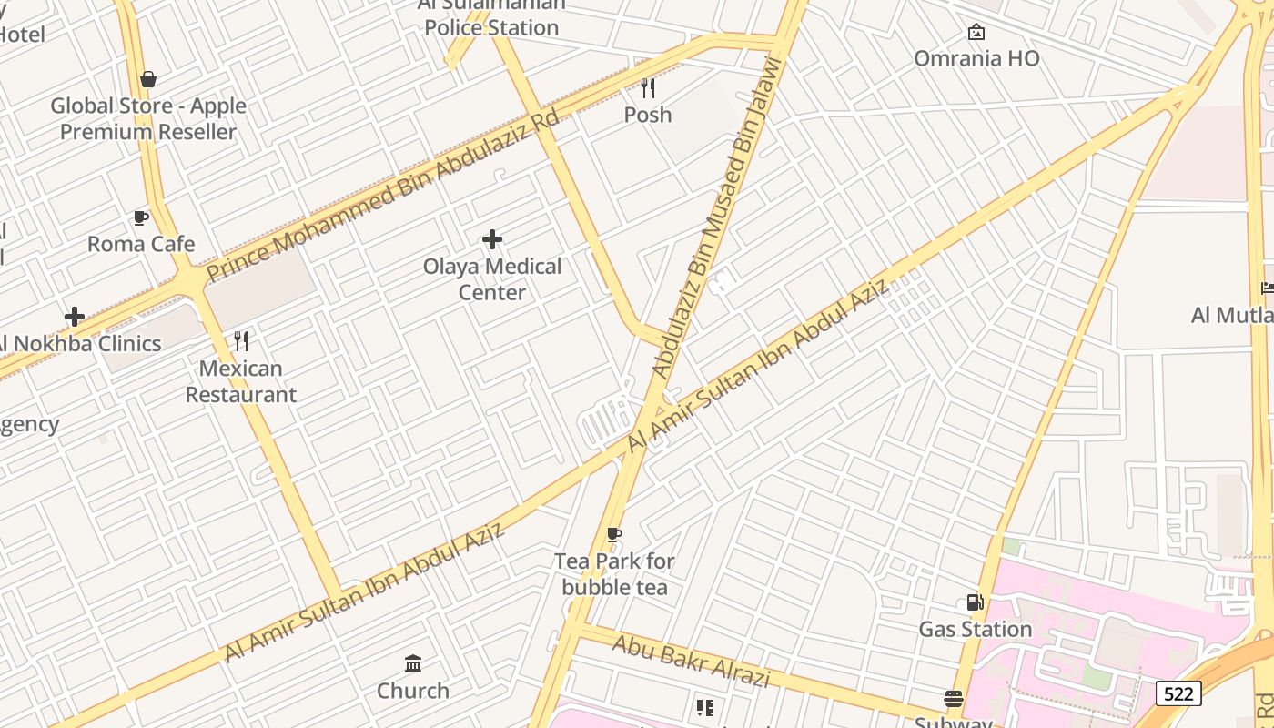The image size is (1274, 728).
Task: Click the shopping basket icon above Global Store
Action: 148,79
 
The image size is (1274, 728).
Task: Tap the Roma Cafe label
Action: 141,244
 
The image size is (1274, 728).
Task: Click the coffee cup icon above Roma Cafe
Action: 141,217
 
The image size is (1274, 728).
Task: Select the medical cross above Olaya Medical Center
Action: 492,239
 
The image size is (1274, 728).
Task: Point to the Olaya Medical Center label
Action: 492,279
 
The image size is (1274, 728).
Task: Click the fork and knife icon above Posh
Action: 648,88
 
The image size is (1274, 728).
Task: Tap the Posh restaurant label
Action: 648,115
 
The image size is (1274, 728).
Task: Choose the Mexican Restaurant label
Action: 241,381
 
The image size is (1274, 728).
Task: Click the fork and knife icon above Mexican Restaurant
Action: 241,341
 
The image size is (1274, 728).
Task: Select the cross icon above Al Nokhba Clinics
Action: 75,317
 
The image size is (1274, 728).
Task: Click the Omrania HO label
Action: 976,58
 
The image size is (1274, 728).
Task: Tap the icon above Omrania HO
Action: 976,33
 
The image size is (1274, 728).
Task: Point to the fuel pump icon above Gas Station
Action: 975,602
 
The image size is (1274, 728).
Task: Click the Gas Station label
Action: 975,629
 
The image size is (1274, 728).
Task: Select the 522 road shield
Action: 1178,693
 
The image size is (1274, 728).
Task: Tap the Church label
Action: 413,691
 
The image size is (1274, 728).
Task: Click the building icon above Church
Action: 413,663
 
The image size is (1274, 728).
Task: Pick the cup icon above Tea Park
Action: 614,534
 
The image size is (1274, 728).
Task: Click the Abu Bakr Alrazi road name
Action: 691,662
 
